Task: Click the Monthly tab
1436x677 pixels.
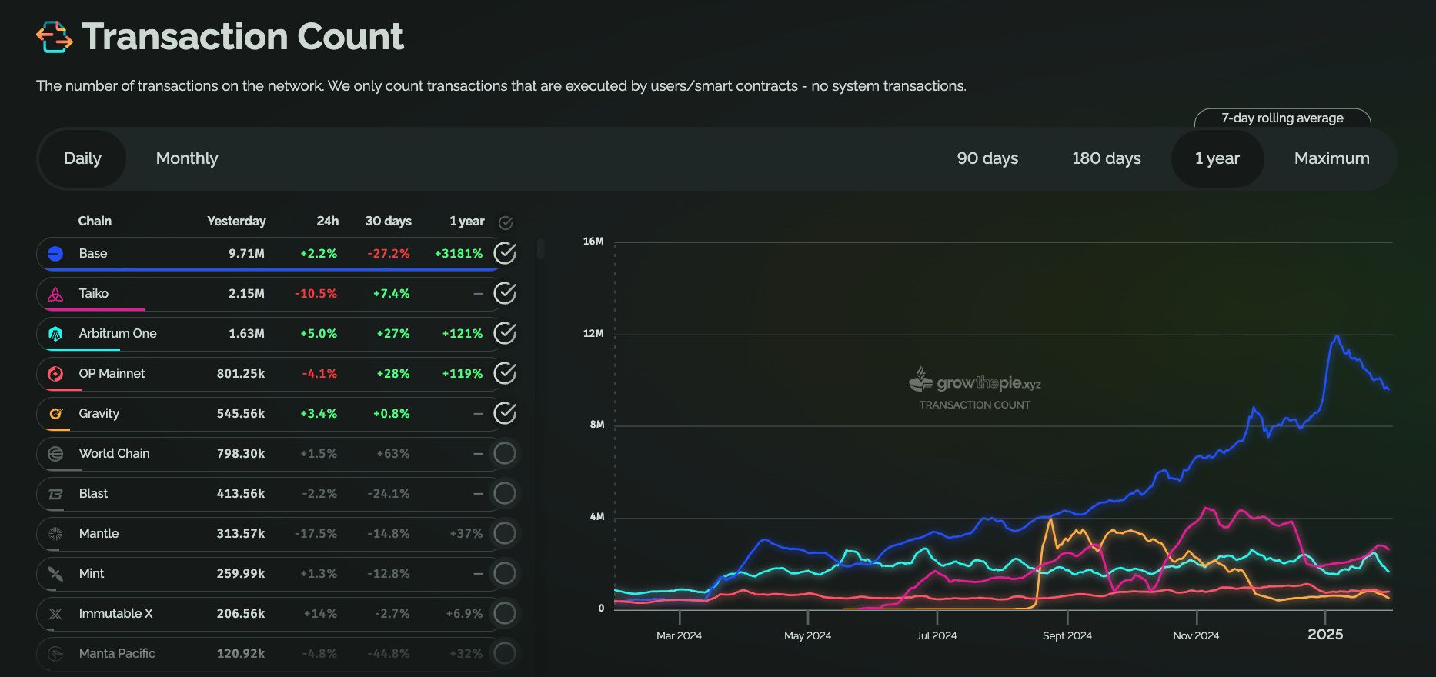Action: pos(187,158)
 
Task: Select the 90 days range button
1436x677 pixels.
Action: pos(987,158)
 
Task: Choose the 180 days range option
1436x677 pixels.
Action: pos(1106,158)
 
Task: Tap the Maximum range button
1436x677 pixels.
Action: pos(1331,158)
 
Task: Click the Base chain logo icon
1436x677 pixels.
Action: pos(55,254)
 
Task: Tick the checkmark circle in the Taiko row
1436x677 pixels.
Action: pos(505,293)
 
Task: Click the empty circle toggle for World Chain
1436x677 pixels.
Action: pos(505,453)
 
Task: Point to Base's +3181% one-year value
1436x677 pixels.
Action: pos(459,254)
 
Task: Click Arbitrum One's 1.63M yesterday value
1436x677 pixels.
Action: pos(246,334)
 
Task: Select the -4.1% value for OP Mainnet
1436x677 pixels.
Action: pos(319,374)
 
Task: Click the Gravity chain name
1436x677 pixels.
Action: pos(99,414)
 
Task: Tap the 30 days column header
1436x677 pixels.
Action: pos(388,222)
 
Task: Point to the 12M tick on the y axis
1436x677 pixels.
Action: pos(593,334)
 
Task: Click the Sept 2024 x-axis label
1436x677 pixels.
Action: pos(1067,635)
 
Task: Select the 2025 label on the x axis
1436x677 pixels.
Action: pos(1324,635)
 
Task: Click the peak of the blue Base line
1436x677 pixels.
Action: pos(1337,336)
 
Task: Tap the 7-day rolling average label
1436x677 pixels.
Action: pos(1282,118)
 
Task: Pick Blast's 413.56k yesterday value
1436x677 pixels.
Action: pos(240,494)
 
